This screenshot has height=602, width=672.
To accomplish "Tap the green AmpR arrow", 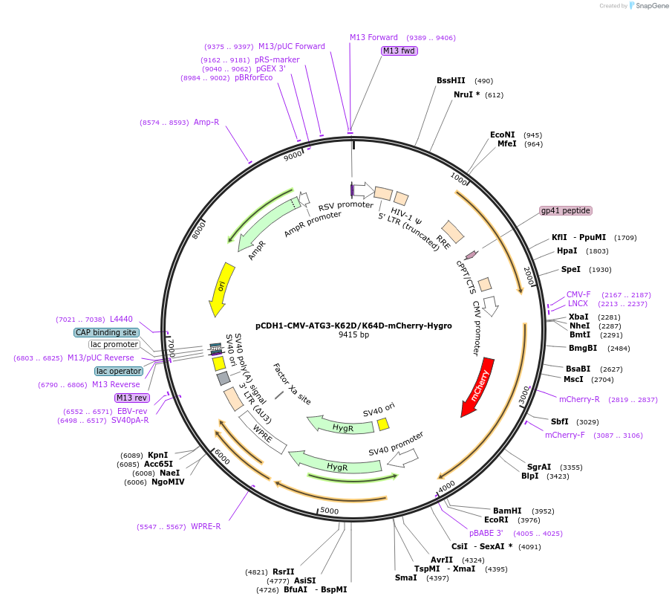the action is (269, 224).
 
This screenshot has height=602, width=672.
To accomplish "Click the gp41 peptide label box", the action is (566, 210).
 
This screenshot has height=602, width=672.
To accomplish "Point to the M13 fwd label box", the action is (399, 51).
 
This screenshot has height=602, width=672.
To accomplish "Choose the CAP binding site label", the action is (106, 332).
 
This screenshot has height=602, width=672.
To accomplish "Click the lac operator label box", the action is (119, 371).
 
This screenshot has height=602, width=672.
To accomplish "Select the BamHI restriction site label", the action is (507, 511).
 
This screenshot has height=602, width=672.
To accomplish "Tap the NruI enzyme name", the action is (463, 94).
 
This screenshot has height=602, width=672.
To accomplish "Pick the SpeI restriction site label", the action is (571, 269).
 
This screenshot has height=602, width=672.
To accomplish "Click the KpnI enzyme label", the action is (157, 455).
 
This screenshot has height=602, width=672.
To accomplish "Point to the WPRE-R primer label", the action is (206, 526).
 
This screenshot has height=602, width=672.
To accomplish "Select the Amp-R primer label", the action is (206, 123).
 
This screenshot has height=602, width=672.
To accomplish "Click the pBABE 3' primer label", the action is (486, 533).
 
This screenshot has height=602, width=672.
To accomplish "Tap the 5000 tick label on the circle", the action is (329, 511).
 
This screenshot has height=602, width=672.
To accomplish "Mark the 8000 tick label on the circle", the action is (198, 230).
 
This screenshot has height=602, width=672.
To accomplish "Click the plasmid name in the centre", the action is (353, 326).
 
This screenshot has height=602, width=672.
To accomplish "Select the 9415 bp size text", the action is (353, 334).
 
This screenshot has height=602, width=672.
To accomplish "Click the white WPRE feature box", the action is (263, 432).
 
